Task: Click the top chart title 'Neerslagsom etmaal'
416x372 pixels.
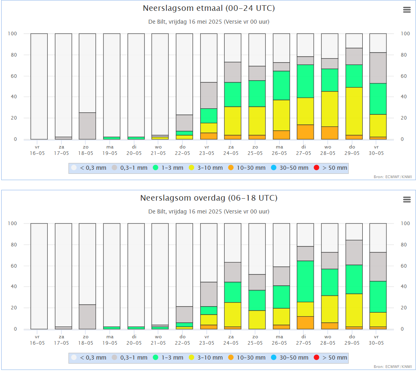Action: pos(209,8)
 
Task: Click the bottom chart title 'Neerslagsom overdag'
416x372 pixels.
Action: pos(209,198)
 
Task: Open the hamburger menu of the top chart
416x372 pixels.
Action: pos(407,10)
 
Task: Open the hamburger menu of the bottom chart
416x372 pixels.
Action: pos(407,199)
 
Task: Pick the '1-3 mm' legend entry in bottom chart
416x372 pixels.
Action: pos(168,358)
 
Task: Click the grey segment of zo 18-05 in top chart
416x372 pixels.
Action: pos(87,126)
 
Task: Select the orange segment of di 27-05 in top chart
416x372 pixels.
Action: pos(305,132)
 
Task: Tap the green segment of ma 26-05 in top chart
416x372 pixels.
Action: pos(281,85)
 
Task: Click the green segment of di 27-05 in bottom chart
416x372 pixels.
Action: pos(305,281)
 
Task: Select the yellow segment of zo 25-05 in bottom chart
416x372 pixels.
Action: pos(257,319)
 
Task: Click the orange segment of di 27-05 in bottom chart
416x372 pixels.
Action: pos(305,323)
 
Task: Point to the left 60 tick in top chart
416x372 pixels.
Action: pos(13,76)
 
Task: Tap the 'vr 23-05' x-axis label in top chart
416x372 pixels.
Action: pos(208,150)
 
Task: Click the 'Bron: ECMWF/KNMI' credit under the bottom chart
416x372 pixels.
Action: pos(392,366)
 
